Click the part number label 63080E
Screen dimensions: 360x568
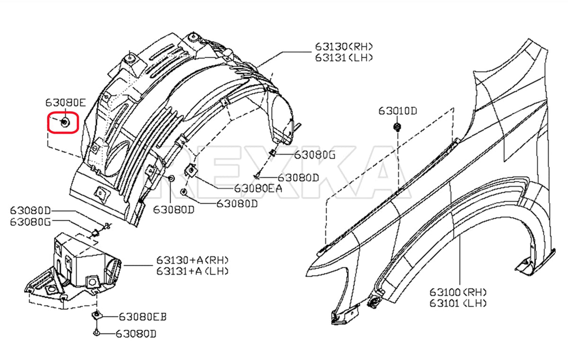click(66, 102)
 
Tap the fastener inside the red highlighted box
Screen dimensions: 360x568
click(64, 122)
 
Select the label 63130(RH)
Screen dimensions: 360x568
click(344, 46)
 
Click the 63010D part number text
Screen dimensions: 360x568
click(398, 111)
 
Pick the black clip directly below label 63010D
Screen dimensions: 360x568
click(398, 127)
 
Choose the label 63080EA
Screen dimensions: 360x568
click(258, 188)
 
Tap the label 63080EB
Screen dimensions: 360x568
click(142, 316)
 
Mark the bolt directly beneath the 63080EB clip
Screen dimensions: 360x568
click(96, 333)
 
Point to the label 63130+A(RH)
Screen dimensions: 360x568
click(193, 260)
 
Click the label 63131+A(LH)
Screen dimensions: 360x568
click(193, 271)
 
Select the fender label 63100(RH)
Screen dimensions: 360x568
click(458, 292)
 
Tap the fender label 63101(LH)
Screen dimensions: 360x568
click(458, 303)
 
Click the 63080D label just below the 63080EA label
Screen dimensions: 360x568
click(237, 204)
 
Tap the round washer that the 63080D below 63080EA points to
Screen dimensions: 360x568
click(184, 192)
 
